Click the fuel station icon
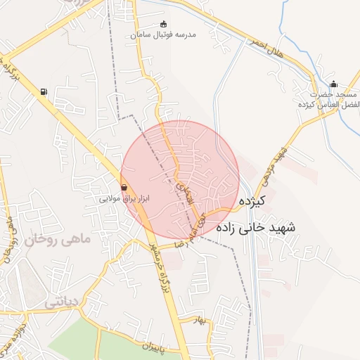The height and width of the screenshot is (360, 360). [x=45, y=91]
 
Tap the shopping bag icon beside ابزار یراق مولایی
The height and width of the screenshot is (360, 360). [x=124, y=188]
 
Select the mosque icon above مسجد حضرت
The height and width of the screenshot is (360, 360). [x=333, y=84]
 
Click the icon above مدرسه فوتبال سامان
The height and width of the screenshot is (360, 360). [x=165, y=24]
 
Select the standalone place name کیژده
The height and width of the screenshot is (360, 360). [x=251, y=202]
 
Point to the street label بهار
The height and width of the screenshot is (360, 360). [x=204, y=320]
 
